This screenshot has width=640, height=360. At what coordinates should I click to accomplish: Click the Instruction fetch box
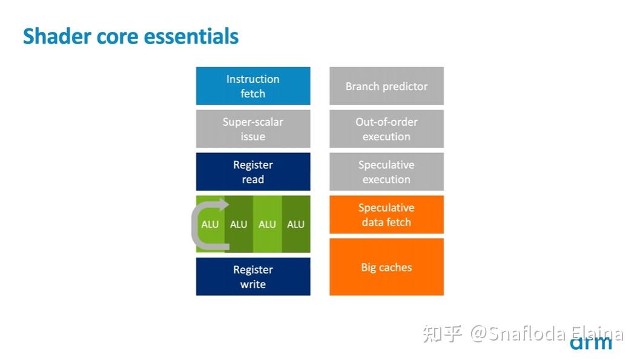point(253,86)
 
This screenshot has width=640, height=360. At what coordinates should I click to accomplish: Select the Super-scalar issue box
point(253,129)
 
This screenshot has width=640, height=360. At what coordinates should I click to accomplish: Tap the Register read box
point(253,172)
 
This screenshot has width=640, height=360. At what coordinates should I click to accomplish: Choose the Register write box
point(253,277)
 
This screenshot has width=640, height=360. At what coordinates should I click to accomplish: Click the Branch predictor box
point(386,86)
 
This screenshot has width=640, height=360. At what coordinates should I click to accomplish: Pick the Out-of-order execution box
point(386,129)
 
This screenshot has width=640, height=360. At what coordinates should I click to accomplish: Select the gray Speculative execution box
point(386,172)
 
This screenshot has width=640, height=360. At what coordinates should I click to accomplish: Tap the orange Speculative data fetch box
point(386,215)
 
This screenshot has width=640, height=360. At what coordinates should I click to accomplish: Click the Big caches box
point(386,267)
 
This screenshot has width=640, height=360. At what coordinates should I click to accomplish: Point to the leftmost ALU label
point(210,224)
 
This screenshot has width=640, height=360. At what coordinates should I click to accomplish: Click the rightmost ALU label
point(295,224)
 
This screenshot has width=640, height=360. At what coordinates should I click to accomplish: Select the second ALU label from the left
point(239,224)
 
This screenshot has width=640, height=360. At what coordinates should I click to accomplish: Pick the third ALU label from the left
point(267,224)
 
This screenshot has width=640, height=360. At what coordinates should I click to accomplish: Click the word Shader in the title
point(53,36)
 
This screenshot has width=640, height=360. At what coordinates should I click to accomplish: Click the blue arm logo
point(591,343)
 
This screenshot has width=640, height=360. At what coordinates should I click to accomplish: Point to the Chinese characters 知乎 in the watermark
point(443,333)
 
